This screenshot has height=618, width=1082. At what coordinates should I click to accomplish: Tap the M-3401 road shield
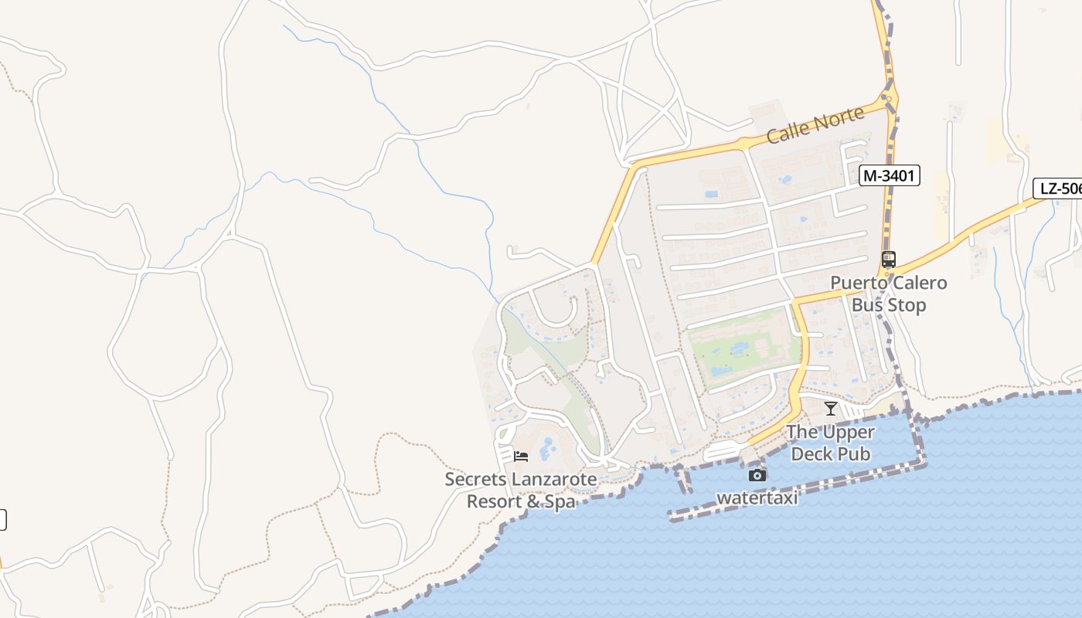point(889,176)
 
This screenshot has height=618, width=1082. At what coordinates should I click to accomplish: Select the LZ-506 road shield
point(1058,188)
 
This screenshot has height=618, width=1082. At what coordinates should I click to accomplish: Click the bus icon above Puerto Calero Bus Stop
point(889,260)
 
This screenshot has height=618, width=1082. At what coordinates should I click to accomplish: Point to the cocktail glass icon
point(831,409)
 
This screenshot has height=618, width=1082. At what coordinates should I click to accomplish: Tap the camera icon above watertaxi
point(757,475)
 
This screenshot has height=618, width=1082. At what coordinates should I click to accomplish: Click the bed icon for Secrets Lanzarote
point(521,456)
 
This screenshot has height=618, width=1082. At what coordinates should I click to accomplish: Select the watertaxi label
point(757,497)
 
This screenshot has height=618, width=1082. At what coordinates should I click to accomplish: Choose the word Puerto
point(858,283)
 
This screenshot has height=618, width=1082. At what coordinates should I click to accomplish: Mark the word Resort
point(493,501)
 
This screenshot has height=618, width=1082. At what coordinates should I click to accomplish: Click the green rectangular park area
point(742,348)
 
